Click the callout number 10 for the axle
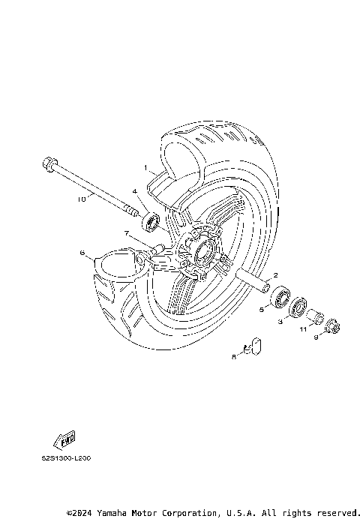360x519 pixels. click(82, 199)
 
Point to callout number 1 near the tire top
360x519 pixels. click(146, 168)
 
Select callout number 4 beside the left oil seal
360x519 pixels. click(136, 191)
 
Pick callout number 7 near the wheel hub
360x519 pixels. click(127, 234)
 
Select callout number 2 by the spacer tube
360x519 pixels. click(275, 275)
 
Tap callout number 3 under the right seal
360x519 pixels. click(280, 321)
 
